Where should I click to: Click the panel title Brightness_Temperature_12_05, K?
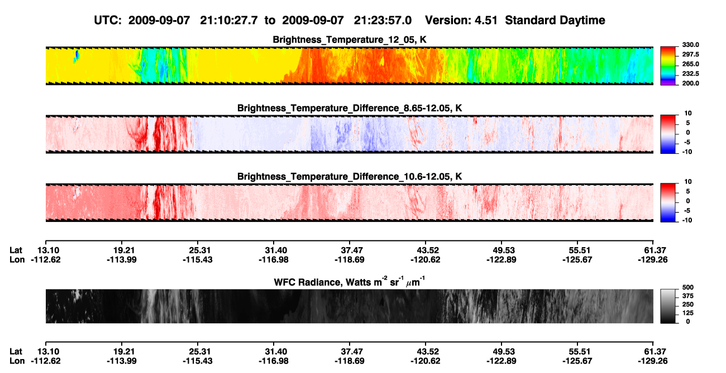tap(350, 40)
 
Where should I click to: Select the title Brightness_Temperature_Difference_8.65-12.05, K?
tap(350, 108)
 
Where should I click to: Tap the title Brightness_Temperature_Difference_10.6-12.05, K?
tap(350, 177)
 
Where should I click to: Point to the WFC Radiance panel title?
tap(350, 282)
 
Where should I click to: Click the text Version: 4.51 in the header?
tap(461, 20)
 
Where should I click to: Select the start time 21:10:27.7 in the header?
tap(228, 20)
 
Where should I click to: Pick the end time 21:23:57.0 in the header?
tap(383, 20)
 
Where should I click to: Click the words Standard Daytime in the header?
tap(555, 20)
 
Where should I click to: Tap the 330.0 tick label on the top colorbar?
tap(690, 45)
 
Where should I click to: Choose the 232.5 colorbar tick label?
tap(690, 74)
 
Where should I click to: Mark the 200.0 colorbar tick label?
tap(690, 83)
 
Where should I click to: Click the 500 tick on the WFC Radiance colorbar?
tap(687, 287)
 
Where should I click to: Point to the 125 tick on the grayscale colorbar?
tap(687, 313)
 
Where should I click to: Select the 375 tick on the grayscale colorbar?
tap(687, 296)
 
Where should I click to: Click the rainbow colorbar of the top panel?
tap(668, 66)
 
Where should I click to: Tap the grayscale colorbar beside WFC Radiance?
tap(668, 306)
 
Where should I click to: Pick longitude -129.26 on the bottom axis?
tap(652, 361)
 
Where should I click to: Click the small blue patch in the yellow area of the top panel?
tap(77, 56)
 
